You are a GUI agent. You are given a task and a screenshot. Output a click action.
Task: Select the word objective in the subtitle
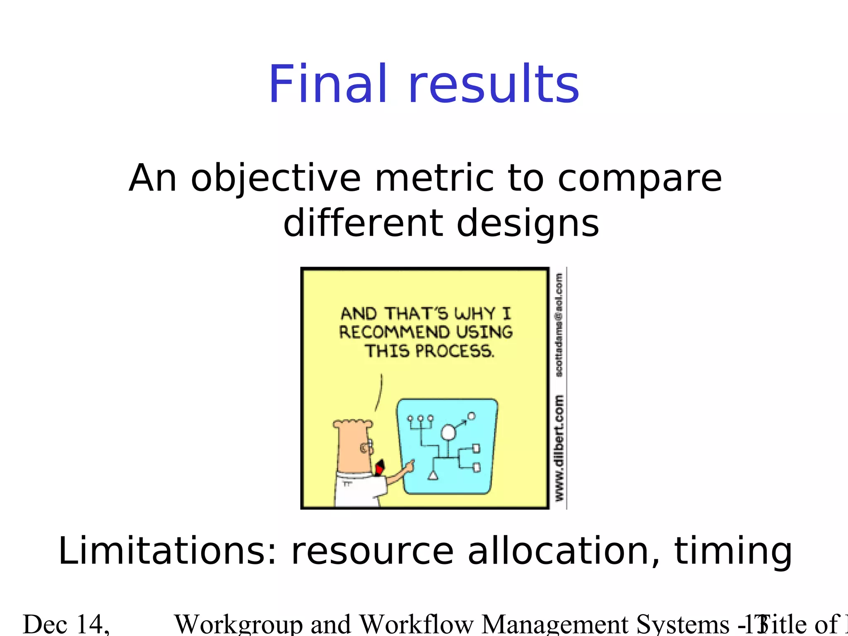(x=276, y=179)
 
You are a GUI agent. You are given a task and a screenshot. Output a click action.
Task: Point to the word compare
(x=639, y=179)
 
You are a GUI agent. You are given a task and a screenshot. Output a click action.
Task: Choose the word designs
(x=528, y=224)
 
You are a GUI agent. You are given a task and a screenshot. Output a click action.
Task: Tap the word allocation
(x=563, y=551)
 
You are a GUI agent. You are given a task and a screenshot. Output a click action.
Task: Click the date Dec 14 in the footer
(x=66, y=624)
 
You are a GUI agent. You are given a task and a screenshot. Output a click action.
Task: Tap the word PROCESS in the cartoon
(x=454, y=352)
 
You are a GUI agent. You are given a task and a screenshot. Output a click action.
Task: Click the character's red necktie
(x=380, y=468)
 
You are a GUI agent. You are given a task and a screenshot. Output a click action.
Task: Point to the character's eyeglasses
(x=367, y=447)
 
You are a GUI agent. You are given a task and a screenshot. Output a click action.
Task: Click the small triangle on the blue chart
(x=433, y=476)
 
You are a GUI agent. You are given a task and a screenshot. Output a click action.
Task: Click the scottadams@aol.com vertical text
(x=559, y=325)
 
